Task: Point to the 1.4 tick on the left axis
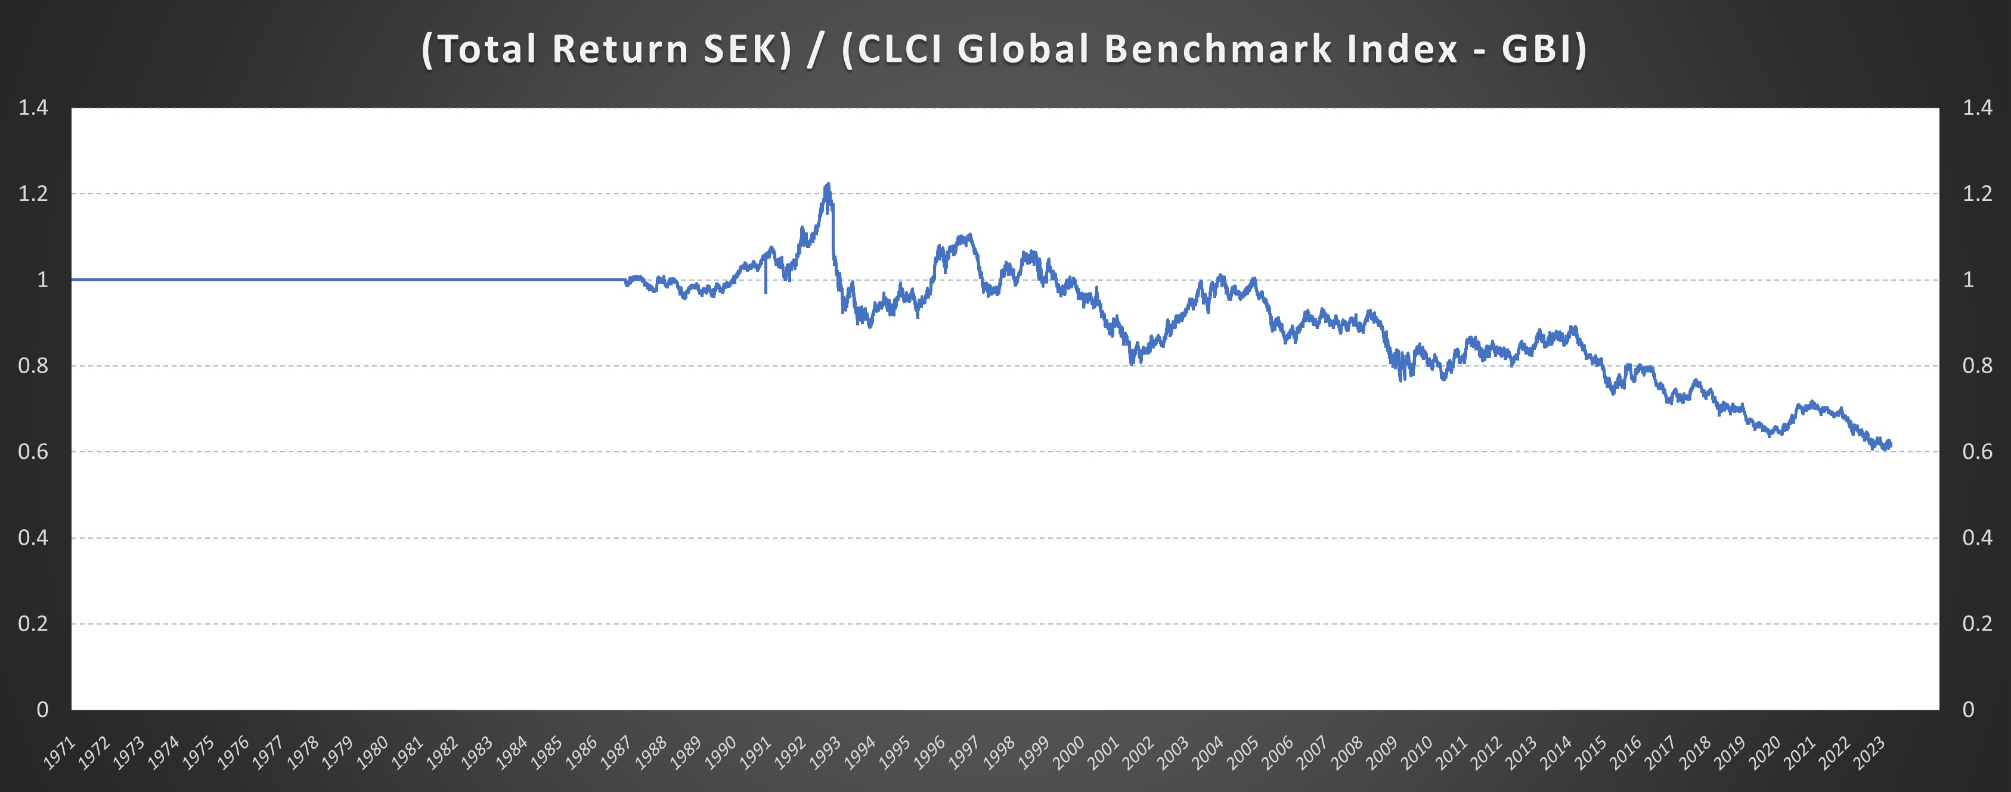pyautogui.click(x=33, y=108)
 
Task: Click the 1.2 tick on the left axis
pyautogui.click(x=33, y=194)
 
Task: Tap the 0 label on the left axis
pyautogui.click(x=42, y=709)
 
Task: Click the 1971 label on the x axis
pyautogui.click(x=60, y=753)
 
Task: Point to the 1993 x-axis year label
pyautogui.click(x=825, y=753)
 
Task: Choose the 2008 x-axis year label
pyautogui.click(x=1347, y=753)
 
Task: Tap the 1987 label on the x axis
pyautogui.click(x=616, y=753)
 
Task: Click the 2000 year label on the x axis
pyautogui.click(x=1069, y=753)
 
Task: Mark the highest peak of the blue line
pyautogui.click(x=828, y=185)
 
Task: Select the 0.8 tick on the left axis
pyautogui.click(x=33, y=365)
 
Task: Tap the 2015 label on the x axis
pyautogui.click(x=1590, y=753)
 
